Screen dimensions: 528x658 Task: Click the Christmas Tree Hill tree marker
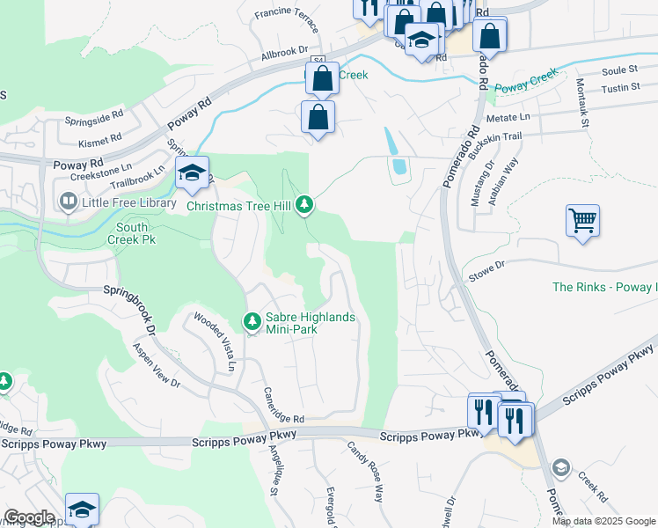304,205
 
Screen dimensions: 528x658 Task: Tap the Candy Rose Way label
367,483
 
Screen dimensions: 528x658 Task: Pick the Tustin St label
620,88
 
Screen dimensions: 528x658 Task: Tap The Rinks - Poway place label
603,287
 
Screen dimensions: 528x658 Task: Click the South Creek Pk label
131,231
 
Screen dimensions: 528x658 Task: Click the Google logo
29,517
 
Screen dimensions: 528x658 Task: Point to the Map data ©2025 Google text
603,521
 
